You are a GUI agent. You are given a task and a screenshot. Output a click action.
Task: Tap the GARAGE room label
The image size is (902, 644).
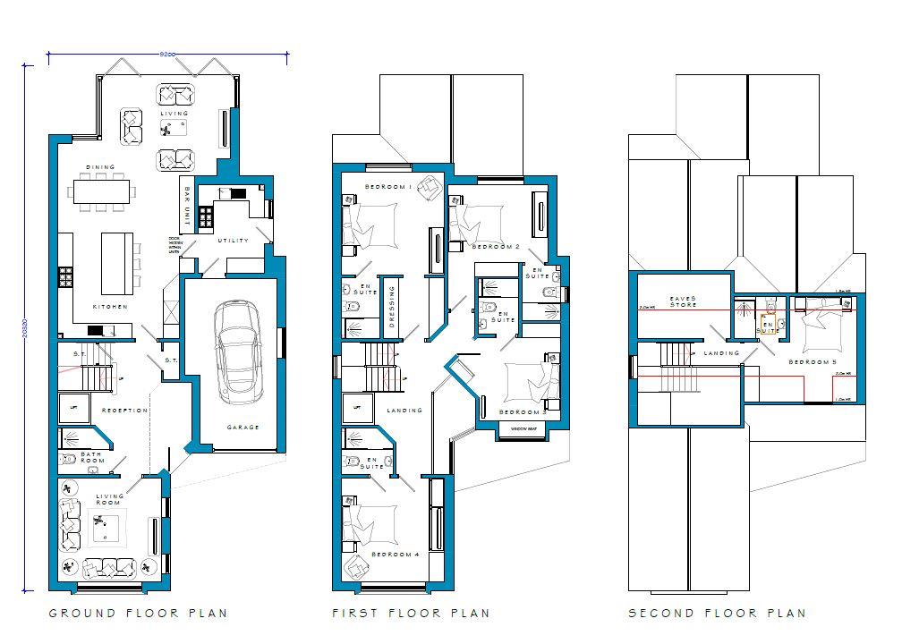243,428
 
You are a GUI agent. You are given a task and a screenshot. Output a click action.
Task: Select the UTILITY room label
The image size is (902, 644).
234,241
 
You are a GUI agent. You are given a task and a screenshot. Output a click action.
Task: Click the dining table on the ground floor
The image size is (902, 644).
100,191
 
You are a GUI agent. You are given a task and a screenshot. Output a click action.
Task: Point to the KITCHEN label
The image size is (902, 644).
110,307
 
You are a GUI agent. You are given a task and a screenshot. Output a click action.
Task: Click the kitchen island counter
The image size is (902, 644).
116,262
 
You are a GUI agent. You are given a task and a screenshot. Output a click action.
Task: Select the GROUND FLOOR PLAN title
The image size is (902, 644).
138,614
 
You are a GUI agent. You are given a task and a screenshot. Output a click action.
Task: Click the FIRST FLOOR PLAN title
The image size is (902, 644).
411,614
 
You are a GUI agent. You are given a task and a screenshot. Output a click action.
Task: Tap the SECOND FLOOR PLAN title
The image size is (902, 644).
717,614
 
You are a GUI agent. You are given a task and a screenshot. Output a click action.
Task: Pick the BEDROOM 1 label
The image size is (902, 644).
387,187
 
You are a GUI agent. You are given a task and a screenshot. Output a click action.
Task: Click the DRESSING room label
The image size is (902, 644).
391,307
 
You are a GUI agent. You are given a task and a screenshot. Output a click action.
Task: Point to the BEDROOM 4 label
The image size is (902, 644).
396,555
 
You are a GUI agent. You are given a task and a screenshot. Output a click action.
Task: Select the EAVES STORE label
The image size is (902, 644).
684,302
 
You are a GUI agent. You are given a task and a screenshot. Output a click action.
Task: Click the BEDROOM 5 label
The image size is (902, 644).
812,362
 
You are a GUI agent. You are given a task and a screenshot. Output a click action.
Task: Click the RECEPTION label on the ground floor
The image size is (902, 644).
124,411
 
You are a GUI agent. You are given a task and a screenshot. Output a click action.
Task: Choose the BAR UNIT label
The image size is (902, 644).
186,205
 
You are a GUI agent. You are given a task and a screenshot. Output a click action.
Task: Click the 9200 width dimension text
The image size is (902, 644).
166,55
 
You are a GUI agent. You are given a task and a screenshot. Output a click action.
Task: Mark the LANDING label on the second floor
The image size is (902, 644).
722,353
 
